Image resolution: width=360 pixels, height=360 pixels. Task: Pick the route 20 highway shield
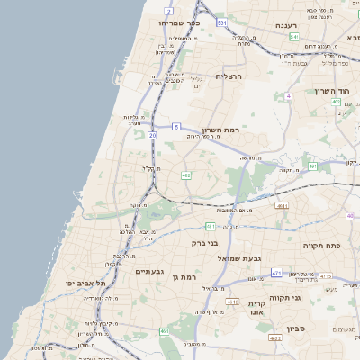[153, 135]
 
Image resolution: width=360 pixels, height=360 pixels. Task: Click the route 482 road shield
[185, 175]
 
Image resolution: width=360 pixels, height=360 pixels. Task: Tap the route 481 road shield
[210, 227]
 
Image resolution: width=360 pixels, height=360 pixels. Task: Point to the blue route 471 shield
[276, 273]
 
